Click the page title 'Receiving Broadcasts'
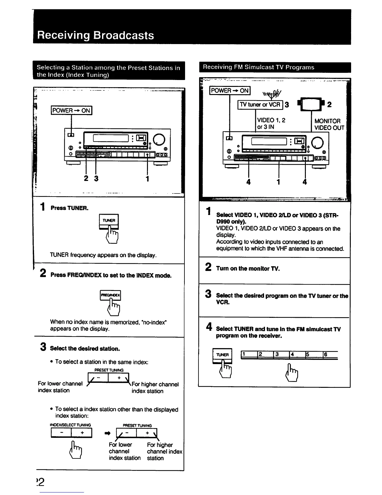tap(95, 35)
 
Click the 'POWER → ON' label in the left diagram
tap(71, 110)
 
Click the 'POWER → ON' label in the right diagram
tap(230, 91)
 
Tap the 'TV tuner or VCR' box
tap(260, 105)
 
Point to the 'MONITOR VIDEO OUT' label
tap(329, 124)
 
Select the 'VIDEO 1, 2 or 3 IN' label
tap(271, 123)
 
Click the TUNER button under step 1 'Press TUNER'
tap(109, 221)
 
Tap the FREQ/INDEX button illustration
tap(110, 295)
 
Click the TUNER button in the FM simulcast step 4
tap(222, 355)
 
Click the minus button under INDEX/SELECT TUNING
tap(61, 433)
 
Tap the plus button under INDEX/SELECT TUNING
tap(82, 433)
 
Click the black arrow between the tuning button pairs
tap(108, 433)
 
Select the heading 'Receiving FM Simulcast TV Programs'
tap(258, 67)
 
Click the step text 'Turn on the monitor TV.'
tap(248, 268)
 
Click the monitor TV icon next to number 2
tap(310, 104)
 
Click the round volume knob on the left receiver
tap(159, 139)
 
